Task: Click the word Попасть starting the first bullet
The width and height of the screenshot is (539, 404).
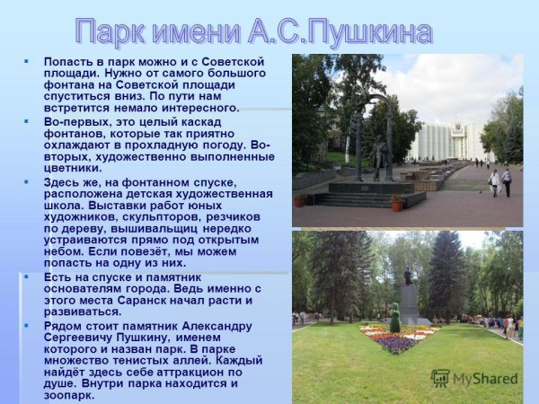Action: coord(69,61)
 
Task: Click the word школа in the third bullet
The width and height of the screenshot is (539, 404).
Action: coord(64,205)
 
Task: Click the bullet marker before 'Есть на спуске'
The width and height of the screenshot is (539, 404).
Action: coord(26,277)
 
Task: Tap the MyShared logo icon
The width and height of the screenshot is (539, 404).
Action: coord(441,378)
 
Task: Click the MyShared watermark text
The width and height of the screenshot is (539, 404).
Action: coord(486,379)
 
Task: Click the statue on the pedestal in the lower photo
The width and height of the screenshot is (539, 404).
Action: coord(409,277)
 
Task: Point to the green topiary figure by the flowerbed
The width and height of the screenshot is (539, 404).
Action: coord(394,318)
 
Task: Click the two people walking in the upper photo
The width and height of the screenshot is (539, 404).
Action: coord(500,181)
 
